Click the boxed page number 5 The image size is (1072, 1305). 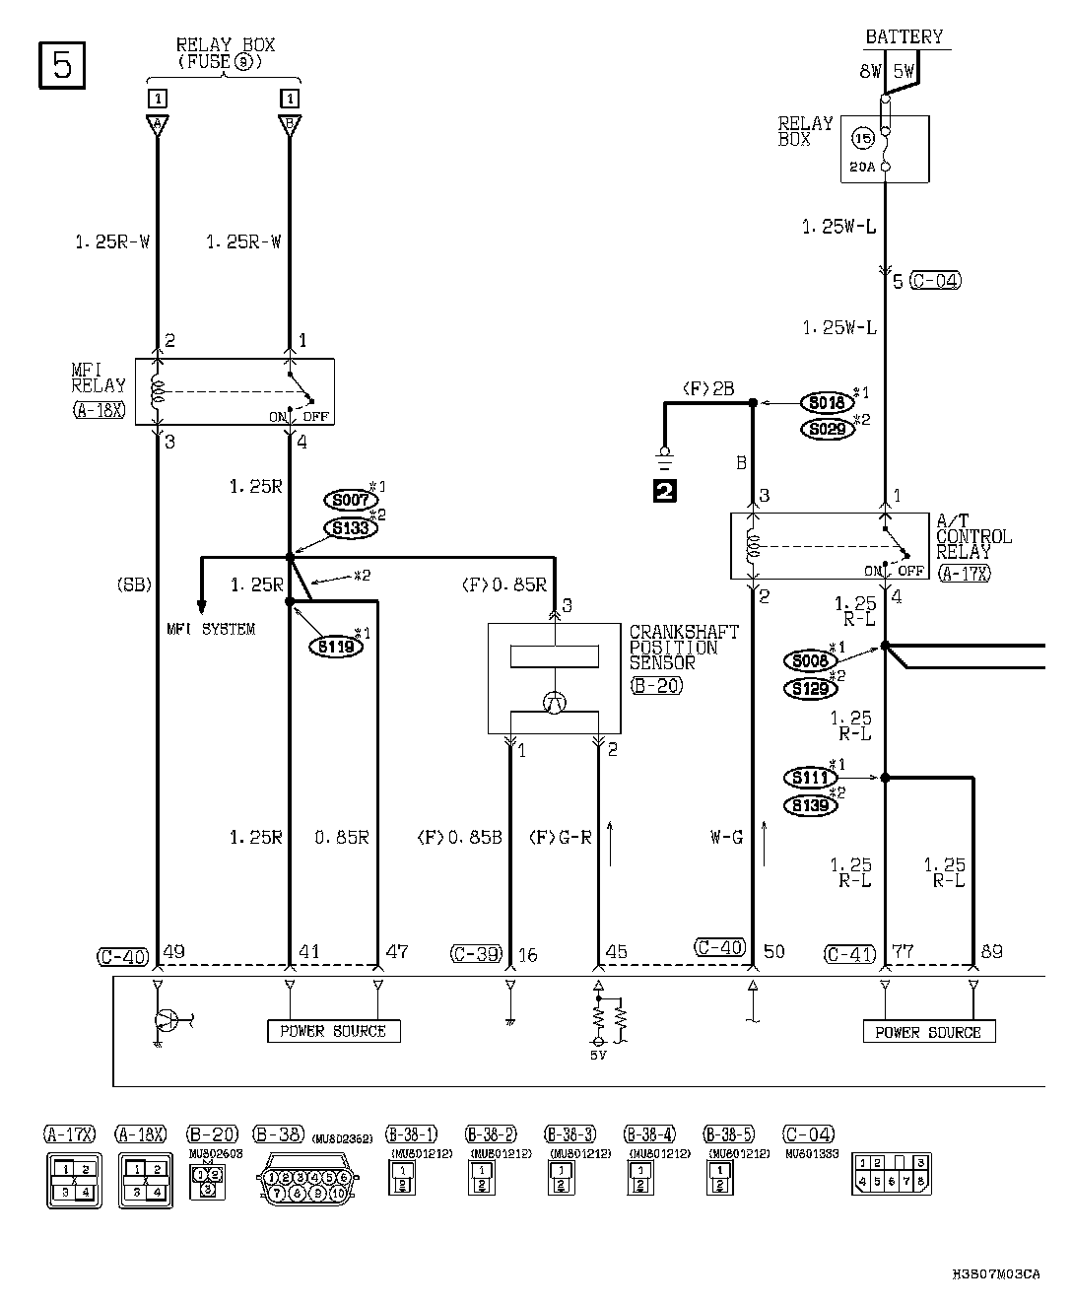[x=62, y=65]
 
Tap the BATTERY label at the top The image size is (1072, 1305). [x=904, y=37]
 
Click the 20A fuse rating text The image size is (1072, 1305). [x=860, y=168]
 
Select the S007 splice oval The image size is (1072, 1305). [x=350, y=501]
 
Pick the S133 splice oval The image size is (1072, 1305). [x=350, y=528]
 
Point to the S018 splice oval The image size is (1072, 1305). [x=826, y=402]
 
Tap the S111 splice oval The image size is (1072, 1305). [x=810, y=778]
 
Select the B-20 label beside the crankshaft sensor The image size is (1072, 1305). [x=656, y=685]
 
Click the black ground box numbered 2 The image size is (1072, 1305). [x=665, y=489]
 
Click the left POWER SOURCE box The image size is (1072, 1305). [x=333, y=1031]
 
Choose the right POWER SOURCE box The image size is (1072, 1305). [x=929, y=1032]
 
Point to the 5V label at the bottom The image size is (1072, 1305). [x=598, y=1055]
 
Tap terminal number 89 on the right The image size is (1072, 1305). [x=991, y=952]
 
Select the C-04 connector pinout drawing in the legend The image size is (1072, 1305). [x=891, y=1173]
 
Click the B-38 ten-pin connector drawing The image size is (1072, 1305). [x=307, y=1178]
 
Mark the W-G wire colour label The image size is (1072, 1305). [x=727, y=838]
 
